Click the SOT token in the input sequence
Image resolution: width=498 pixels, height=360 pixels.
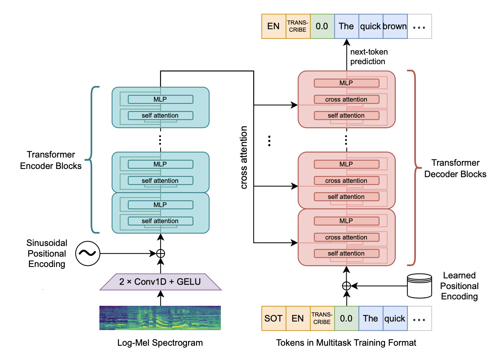pyautogui.click(x=273, y=318)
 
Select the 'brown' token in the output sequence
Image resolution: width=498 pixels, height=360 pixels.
pyautogui.click(x=395, y=26)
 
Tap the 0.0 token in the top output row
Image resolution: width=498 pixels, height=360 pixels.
pyautogui.click(x=322, y=26)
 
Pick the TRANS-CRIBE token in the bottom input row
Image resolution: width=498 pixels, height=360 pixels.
pyautogui.click(x=322, y=318)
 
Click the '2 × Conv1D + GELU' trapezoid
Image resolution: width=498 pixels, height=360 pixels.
pyautogui.click(x=160, y=282)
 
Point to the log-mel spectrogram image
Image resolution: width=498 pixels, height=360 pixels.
pyautogui.click(x=160, y=318)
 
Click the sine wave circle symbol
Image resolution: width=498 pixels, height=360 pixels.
pyautogui.click(x=88, y=253)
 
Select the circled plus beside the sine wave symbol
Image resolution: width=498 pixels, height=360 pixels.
pyautogui.click(x=161, y=253)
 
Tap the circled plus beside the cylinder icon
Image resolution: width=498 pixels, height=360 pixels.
pyautogui.click(x=347, y=286)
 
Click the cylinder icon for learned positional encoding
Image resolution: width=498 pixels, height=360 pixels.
pyautogui.click(x=420, y=286)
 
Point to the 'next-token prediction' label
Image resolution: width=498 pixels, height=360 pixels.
pyautogui.click(x=369, y=57)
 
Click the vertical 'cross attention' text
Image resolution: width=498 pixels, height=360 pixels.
pyautogui.click(x=244, y=157)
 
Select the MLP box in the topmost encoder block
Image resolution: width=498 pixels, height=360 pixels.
pyautogui.click(x=160, y=99)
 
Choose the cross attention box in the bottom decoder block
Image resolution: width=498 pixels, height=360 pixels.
pyautogui.click(x=346, y=237)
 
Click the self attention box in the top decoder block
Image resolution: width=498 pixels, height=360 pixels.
pyautogui.click(x=346, y=115)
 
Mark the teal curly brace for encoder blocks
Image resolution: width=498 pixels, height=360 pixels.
pyautogui.click(x=92, y=160)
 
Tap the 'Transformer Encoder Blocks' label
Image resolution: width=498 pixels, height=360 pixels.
pyautogui.click(x=51, y=160)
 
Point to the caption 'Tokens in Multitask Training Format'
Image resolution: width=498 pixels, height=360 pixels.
pyautogui.click(x=346, y=343)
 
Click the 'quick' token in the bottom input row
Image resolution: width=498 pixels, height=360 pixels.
pyautogui.click(x=395, y=318)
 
